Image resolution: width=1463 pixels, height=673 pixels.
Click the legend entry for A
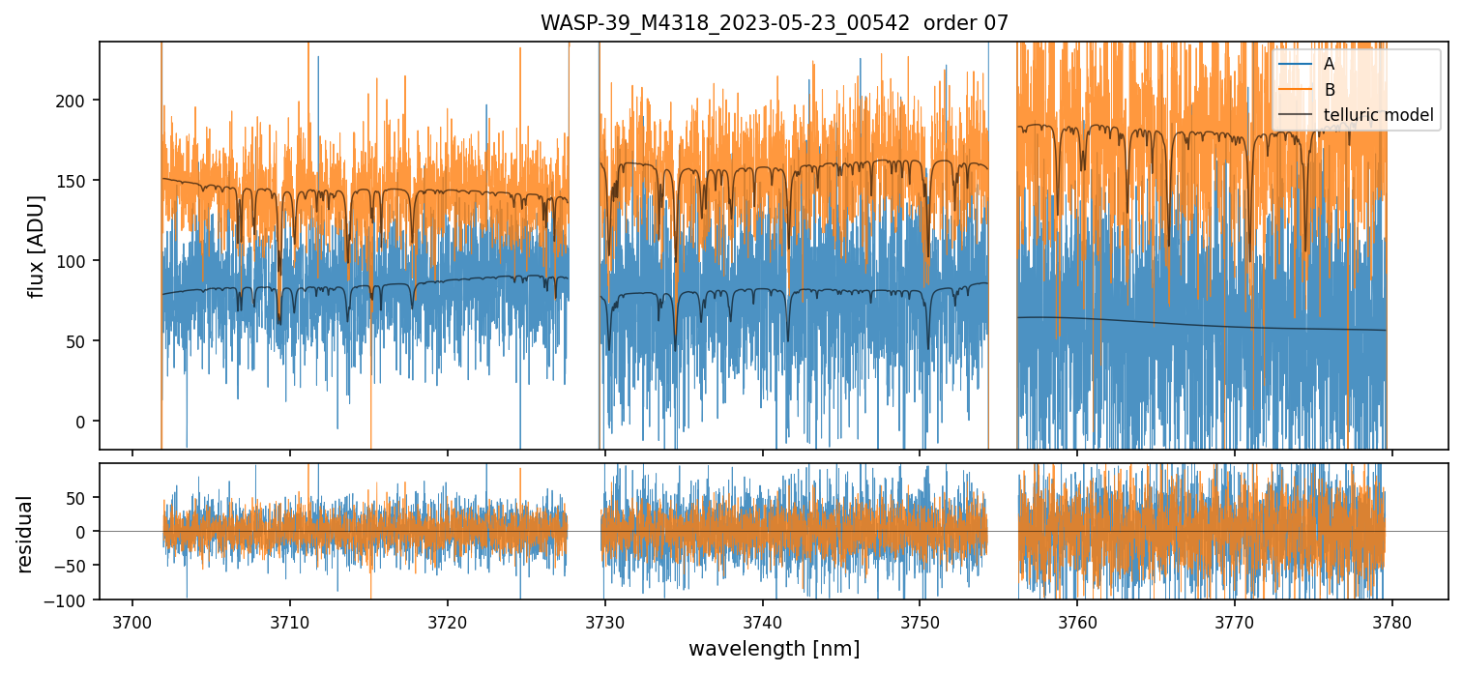[1329, 64]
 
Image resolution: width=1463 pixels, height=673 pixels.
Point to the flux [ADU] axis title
[37, 246]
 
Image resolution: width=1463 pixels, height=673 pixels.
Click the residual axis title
[25, 533]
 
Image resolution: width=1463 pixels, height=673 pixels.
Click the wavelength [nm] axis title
[774, 648]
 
